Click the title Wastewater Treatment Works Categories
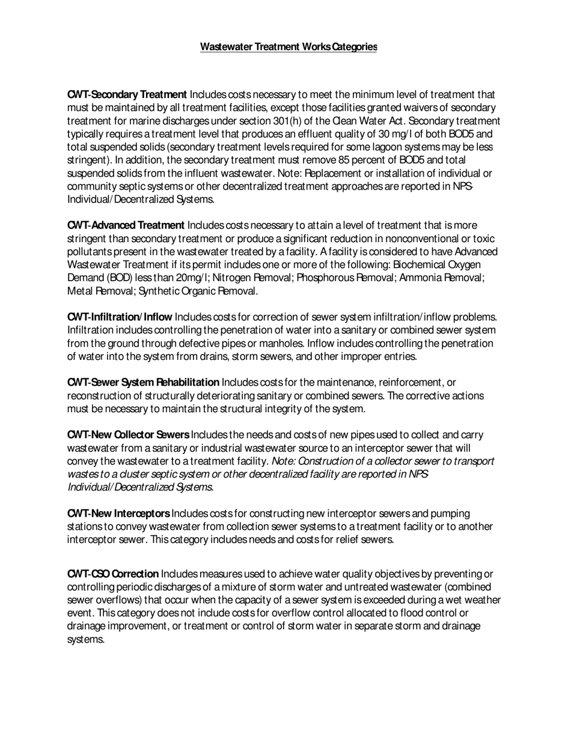point(289,47)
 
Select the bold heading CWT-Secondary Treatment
point(127,94)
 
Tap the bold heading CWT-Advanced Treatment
point(126,225)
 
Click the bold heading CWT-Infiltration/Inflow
point(120,317)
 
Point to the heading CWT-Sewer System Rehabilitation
point(143,383)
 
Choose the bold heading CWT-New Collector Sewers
point(128,435)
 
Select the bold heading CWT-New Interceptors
point(118,514)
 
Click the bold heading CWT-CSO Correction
point(113,574)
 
